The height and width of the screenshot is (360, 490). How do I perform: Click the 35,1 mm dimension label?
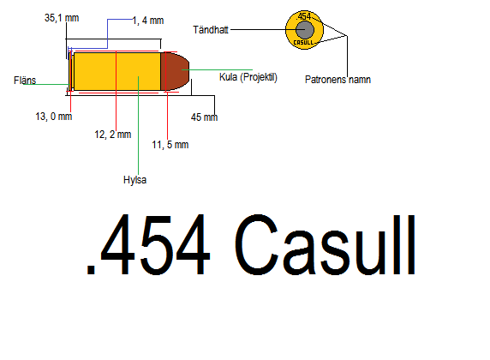[62, 18]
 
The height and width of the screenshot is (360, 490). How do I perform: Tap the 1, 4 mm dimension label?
[148, 21]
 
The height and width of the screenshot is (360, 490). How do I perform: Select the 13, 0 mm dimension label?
[54, 117]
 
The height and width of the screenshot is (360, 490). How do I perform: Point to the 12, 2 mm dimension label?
[113, 135]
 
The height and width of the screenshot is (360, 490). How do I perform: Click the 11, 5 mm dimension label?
[170, 145]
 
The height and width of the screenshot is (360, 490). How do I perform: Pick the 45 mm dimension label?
[205, 117]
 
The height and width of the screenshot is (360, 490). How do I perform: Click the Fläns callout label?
[25, 81]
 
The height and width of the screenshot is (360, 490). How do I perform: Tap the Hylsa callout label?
[135, 180]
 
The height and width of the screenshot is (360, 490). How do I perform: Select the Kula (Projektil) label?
[248, 77]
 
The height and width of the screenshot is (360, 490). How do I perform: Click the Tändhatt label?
[211, 30]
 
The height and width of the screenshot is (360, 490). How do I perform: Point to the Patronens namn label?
[338, 80]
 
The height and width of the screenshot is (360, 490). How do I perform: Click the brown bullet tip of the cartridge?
[175, 71]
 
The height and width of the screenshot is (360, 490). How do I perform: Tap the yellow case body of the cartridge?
[117, 71]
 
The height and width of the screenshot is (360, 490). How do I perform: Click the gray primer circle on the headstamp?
[305, 30]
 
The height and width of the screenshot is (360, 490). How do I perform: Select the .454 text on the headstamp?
[304, 16]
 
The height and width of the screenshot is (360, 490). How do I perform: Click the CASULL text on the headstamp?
[303, 42]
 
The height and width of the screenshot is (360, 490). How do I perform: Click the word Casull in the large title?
[326, 245]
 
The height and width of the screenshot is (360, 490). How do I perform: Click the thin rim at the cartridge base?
[71, 71]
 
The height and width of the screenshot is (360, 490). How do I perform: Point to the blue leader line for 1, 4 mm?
[107, 33]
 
